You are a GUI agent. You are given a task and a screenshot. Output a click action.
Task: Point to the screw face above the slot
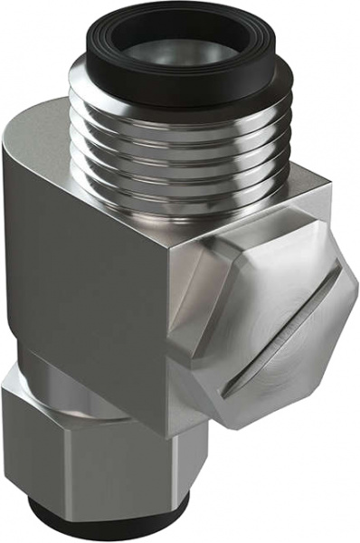pyautogui.click(x=271, y=271)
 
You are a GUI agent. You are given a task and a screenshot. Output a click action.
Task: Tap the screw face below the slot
pyautogui.click(x=298, y=362)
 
